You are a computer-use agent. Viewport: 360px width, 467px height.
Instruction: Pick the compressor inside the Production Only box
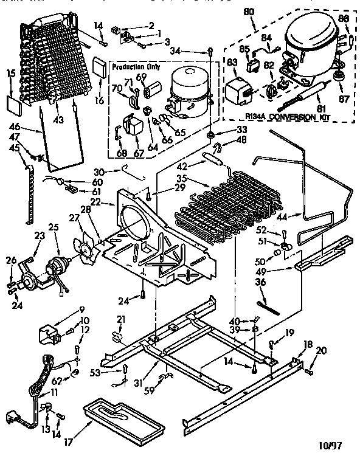(x=189, y=91)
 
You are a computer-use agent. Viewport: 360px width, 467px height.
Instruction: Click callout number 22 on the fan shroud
(x=112, y=202)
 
